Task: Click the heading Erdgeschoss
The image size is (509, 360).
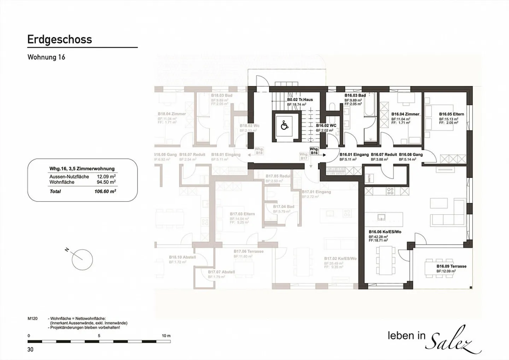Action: coord(59,40)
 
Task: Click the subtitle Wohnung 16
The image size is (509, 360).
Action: coord(46,57)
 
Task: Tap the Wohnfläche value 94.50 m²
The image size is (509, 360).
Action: coord(106,182)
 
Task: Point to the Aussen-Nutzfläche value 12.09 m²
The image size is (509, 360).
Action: coord(106,176)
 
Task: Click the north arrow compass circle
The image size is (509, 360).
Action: coord(82,260)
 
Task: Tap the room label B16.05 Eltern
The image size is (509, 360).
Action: coord(451,114)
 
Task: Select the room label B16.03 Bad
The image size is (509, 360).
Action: coord(355,95)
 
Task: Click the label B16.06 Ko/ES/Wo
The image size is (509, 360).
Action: coord(385,232)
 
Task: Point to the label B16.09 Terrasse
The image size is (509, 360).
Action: coord(451,266)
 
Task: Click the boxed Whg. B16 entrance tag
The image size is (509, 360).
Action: coord(314,151)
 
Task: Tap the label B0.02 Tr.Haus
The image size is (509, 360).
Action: coord(300,100)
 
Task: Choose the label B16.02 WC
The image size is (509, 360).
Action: coord(326,126)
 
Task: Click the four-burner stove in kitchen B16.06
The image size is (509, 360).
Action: coord(390,191)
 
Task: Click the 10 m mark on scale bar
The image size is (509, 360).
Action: coord(166,336)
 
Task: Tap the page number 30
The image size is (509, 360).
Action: coord(30,349)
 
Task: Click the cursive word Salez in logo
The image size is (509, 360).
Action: coord(454,340)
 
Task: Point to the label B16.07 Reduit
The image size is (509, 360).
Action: coord(384,155)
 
